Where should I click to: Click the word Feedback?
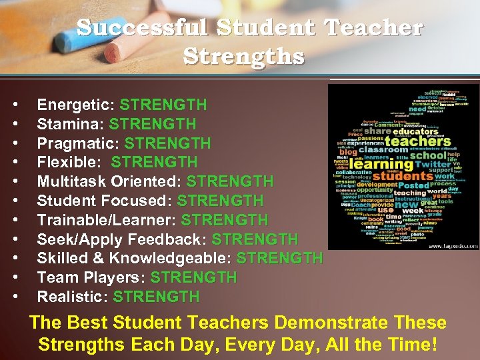(x=171, y=239)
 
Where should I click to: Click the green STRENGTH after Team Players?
(x=193, y=277)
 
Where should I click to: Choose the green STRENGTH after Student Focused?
(x=220, y=201)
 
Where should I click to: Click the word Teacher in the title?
(x=373, y=28)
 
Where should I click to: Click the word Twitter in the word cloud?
(x=433, y=164)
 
